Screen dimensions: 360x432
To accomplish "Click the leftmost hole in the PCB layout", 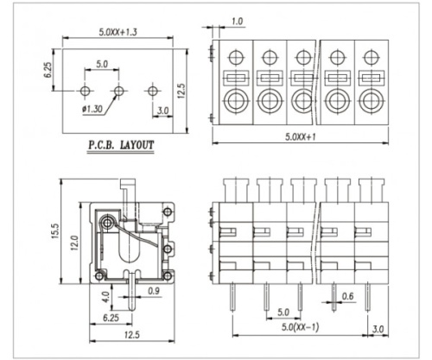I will click(85, 91).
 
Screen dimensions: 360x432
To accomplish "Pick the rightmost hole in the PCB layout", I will click(152, 91).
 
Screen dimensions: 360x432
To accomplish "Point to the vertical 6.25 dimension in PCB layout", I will click(50, 68).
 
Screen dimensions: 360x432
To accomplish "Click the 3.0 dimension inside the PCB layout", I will click(162, 110).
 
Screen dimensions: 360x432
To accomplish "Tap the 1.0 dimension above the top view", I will click(237, 20).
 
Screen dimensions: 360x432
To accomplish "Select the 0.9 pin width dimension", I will click(153, 291).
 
